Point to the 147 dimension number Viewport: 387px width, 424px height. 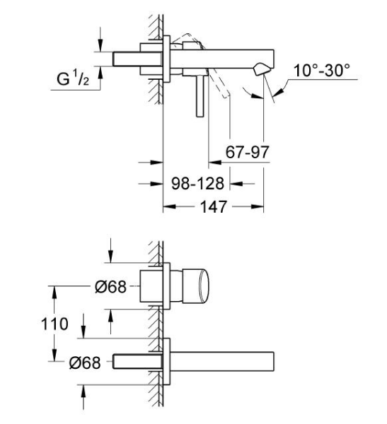pyautogui.click(x=214, y=207)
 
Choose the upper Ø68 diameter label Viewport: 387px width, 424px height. pyautogui.click(x=110, y=286)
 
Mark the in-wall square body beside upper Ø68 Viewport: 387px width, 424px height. pyautogui.click(x=151, y=287)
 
